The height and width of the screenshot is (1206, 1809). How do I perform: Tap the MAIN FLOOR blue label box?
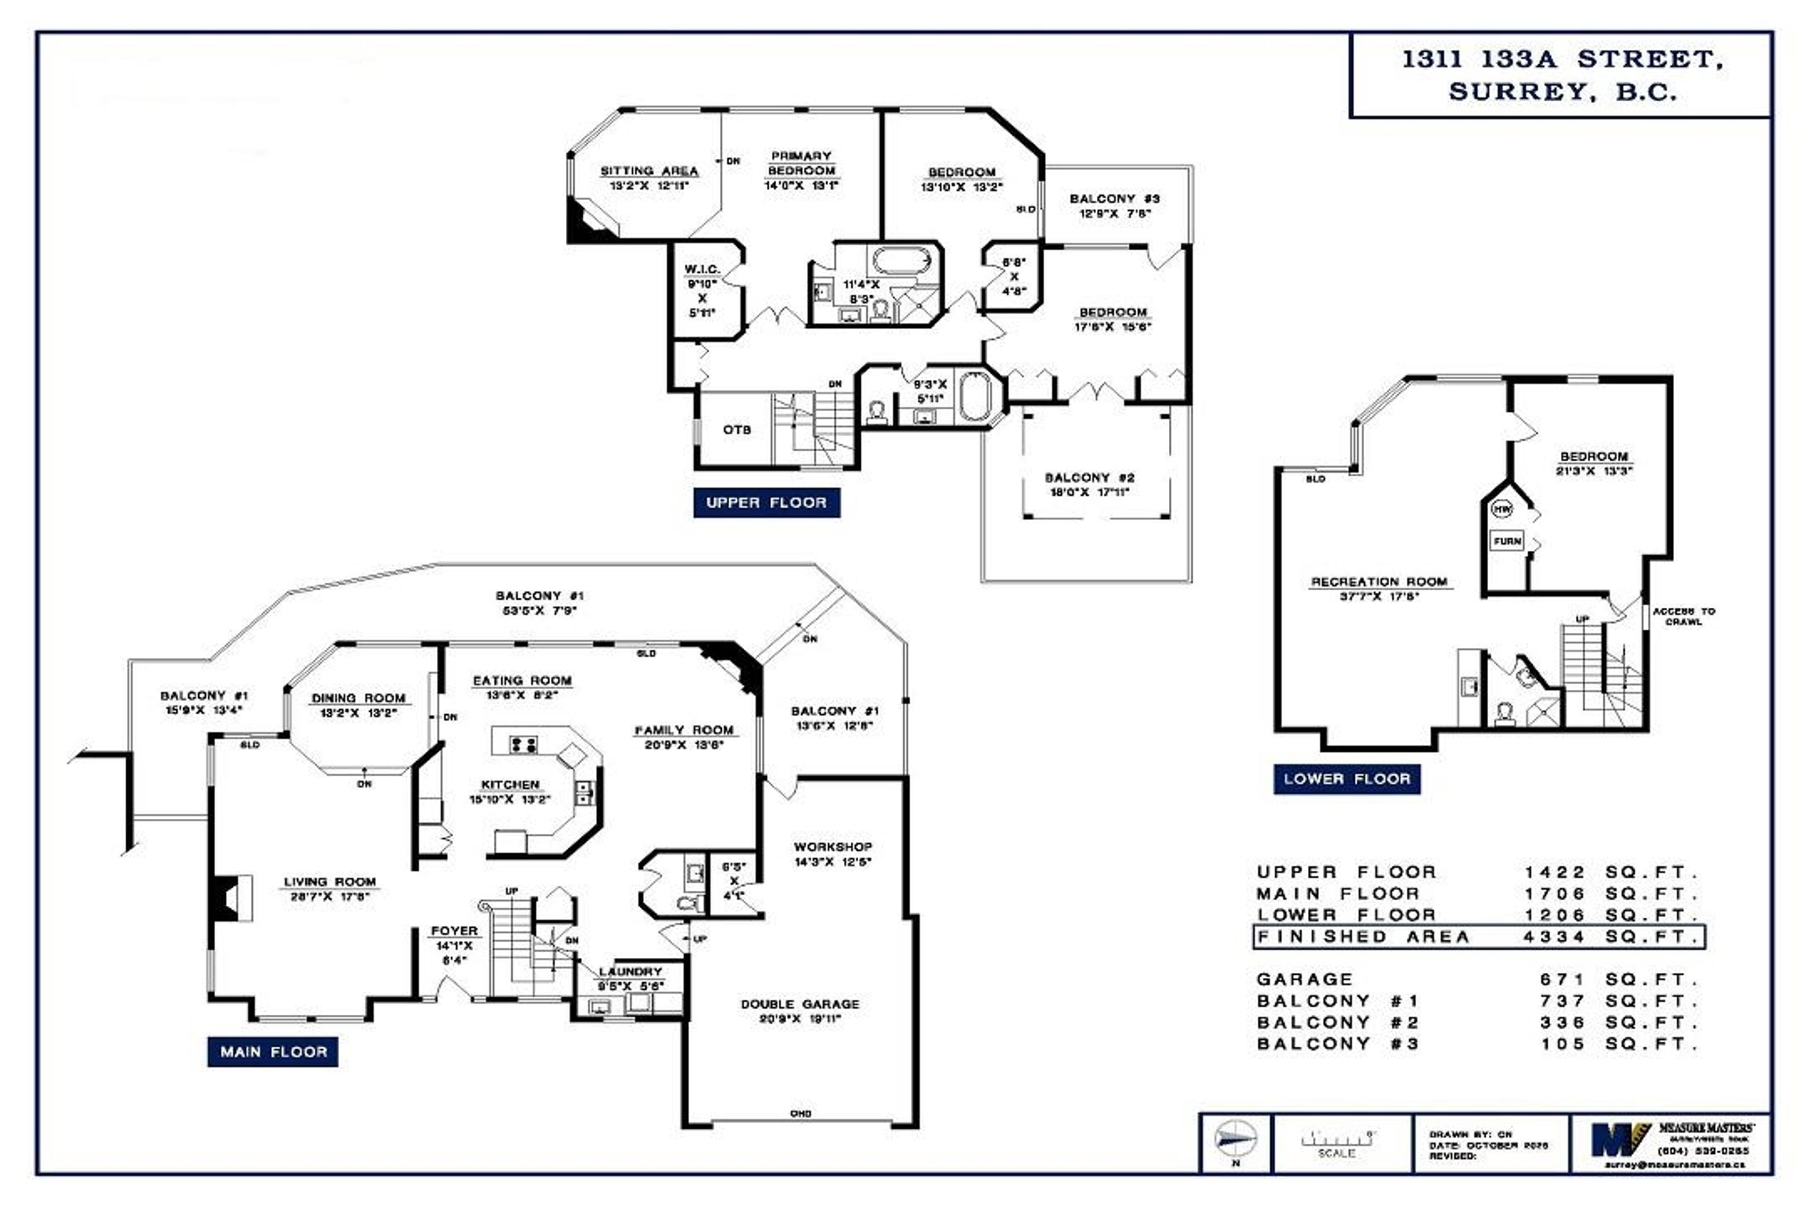pos(273,1051)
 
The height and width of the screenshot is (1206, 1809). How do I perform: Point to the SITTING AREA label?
pos(649,171)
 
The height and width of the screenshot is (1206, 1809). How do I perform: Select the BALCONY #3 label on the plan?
pos(1115,198)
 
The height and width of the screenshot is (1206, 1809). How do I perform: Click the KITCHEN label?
pos(510,784)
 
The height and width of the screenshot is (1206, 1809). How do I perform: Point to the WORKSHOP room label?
pos(833,847)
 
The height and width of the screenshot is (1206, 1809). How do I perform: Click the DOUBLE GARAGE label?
pos(800,1004)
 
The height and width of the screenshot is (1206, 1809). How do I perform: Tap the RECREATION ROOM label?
pos(1379,582)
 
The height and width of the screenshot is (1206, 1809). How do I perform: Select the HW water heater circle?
pos(1501,509)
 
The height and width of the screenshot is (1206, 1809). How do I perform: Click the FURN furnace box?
pos(1507,541)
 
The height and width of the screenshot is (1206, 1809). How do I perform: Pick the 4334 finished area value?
pos(1555,937)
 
